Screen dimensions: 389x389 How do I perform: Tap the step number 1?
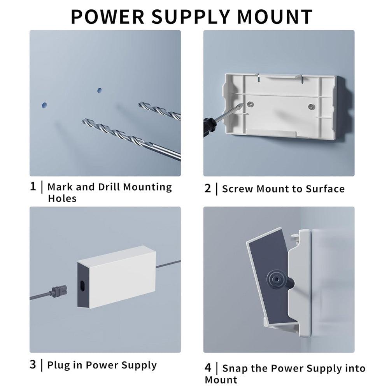pyautogui.click(x=33, y=186)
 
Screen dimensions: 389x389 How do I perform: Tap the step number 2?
pyautogui.click(x=208, y=189)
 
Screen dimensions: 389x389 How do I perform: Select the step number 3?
pyautogui.click(x=33, y=365)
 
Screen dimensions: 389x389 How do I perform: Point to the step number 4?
pyautogui.click(x=208, y=368)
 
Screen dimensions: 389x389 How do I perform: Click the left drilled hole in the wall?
pyautogui.click(x=44, y=105)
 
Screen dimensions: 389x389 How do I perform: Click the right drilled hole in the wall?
pyautogui.click(x=100, y=90)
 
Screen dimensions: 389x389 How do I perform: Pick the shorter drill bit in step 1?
pyautogui.click(x=159, y=110)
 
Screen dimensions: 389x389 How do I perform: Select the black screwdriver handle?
pyautogui.click(x=209, y=127)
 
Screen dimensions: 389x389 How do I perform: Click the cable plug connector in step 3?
pyautogui.click(x=58, y=290)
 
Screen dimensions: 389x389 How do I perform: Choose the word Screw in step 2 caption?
pyautogui.click(x=236, y=189)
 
